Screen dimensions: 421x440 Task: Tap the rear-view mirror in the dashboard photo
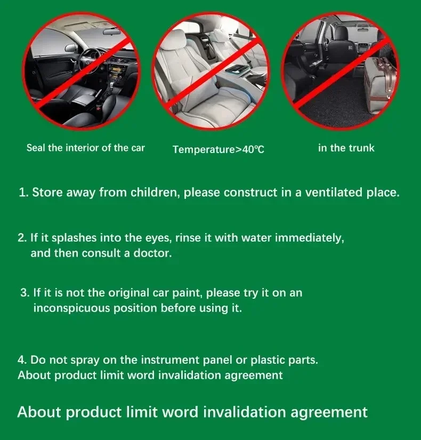(x=111, y=31)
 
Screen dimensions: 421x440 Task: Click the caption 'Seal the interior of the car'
(x=86, y=148)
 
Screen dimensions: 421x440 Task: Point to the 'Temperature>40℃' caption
(x=218, y=149)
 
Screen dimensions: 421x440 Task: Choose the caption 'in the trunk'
(x=346, y=148)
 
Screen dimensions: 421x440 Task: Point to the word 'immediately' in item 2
(x=310, y=238)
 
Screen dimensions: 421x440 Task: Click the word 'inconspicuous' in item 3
(x=71, y=308)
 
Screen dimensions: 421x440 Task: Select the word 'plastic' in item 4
(x=268, y=360)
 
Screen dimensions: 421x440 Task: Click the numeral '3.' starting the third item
(x=25, y=293)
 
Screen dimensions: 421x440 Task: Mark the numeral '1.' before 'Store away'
(x=23, y=193)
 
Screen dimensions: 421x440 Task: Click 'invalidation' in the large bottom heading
(x=244, y=412)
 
